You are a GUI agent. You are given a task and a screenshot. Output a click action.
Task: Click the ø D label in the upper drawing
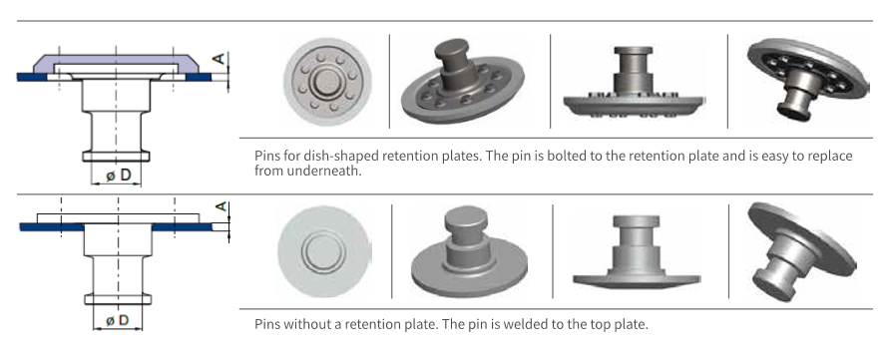[119, 176]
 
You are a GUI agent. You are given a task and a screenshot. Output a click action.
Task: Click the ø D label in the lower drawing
[118, 320]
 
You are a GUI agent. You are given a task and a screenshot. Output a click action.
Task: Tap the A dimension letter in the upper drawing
[219, 58]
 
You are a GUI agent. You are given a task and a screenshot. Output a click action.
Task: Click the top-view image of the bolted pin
[327, 82]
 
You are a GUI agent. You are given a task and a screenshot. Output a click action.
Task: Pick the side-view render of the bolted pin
[634, 82]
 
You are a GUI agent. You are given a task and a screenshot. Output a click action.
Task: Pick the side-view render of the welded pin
[637, 251]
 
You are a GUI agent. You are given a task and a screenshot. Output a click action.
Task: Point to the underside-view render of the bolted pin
[807, 78]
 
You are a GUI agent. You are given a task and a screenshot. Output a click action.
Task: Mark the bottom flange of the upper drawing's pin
[116, 156]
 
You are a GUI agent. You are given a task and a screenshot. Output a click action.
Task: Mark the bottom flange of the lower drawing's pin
[118, 299]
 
